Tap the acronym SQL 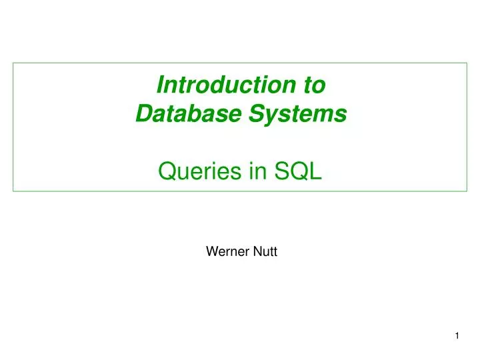click(x=298, y=172)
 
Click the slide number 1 click(x=457, y=337)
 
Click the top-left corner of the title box click(x=13, y=63)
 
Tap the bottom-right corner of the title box click(x=466, y=191)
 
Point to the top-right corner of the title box click(x=466, y=63)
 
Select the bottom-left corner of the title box click(x=13, y=191)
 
